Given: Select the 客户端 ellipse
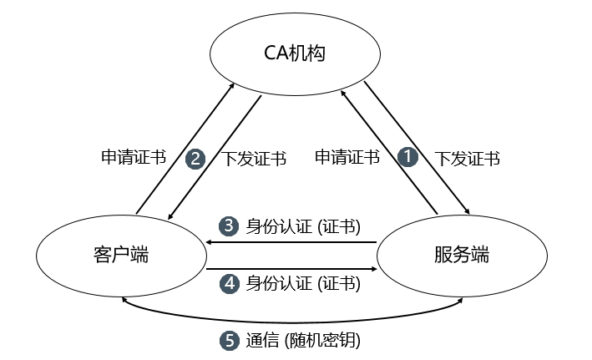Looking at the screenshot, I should click(x=122, y=255).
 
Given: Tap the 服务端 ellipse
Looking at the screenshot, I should click(x=462, y=255).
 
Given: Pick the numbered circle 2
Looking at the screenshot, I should click(x=195, y=159).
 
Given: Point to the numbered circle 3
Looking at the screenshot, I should click(x=229, y=226).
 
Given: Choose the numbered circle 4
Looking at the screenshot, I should click(x=229, y=283).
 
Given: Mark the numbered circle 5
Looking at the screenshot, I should click(x=229, y=341).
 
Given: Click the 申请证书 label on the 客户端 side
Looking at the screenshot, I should click(x=133, y=157).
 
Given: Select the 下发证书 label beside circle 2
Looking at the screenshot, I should click(x=256, y=159).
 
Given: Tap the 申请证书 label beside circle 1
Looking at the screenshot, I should click(x=347, y=157).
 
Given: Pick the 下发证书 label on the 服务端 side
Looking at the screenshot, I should click(x=468, y=159).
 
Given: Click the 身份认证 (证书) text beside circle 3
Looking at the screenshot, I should click(x=303, y=226).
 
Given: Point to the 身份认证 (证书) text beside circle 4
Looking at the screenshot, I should click(x=303, y=283).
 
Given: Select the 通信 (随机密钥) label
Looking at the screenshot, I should click(x=303, y=341).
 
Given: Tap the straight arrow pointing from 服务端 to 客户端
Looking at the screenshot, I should click(x=292, y=242).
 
